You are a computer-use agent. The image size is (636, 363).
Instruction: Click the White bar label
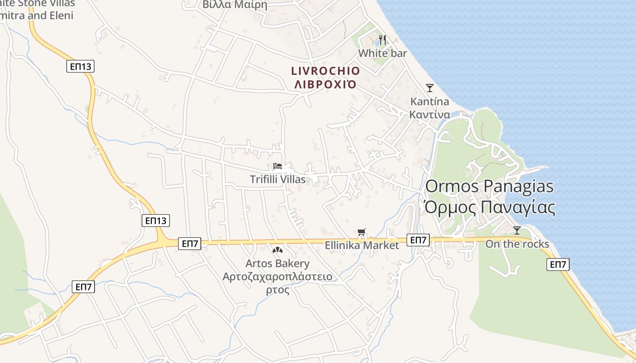coord(383,53)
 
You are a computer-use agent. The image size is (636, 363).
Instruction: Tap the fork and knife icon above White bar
coord(383,40)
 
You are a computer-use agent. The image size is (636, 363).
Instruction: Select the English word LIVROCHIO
coord(325,71)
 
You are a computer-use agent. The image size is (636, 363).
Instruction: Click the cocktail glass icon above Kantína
coord(430,88)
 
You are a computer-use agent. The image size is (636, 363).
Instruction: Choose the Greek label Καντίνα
coord(430,114)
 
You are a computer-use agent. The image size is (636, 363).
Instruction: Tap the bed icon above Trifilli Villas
coord(278,166)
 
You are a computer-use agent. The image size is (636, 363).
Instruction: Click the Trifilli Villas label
coord(278,179)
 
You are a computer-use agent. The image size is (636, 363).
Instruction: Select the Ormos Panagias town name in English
coord(490,186)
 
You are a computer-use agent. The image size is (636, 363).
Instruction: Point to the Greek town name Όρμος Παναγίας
coord(490,207)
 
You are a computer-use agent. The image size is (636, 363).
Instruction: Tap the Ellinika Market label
coord(362,245)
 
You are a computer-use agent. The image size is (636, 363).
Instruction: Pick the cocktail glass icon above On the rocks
coord(517,231)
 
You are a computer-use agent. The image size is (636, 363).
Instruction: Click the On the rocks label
coord(517,244)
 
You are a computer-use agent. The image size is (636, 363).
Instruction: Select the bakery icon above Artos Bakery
coord(277,250)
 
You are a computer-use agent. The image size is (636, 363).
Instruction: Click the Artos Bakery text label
coord(277,263)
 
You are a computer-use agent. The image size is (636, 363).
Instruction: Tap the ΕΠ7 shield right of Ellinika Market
coord(418,240)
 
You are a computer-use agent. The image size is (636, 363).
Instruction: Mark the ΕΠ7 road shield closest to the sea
coord(558,265)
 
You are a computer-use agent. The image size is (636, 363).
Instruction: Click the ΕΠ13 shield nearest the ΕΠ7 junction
coord(156,221)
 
